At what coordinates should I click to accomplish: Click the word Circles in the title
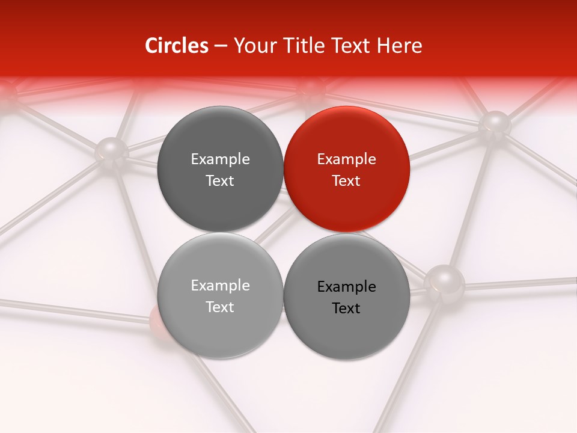[176, 46]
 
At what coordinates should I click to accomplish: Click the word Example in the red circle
[346, 159]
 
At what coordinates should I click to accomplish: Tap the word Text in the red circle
[346, 180]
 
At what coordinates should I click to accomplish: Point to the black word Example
[346, 287]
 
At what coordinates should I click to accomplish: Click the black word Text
[346, 308]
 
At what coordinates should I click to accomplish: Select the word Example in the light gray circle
[220, 286]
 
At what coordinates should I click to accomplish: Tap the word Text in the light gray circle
[220, 307]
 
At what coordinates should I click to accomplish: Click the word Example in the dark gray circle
[220, 159]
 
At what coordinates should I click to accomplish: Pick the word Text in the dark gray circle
[220, 180]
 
